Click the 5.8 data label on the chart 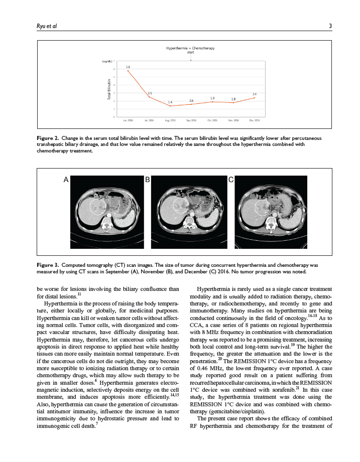point(129,67)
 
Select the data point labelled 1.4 point(170,106)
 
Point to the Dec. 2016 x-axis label point(255,121)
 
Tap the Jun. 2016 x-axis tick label point(128,121)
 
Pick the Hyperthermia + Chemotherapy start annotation point(190,50)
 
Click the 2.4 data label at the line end point(255,94)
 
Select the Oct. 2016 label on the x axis point(212,121)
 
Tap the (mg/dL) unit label point(107,61)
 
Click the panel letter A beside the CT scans point(66,179)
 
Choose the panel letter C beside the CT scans point(230,179)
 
